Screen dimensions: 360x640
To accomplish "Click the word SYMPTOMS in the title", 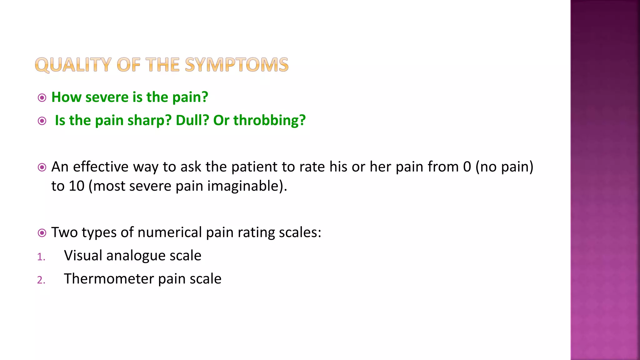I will pos(237,65).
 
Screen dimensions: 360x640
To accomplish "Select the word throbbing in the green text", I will pos(269,120).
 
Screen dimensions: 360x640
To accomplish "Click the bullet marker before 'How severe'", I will pos(42,98).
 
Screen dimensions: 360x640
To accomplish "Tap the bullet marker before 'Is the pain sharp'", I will pos(42,121).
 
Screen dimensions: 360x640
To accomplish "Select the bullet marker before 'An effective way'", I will pos(42,167).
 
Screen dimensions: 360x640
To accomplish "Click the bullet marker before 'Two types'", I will pos(42,233).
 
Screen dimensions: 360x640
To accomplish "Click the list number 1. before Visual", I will pos(41,257).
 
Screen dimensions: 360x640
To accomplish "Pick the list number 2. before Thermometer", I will pos(41,280).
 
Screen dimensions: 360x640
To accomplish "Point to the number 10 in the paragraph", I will pos(77,186).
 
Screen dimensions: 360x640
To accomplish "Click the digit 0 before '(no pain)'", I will pos(467,167).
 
